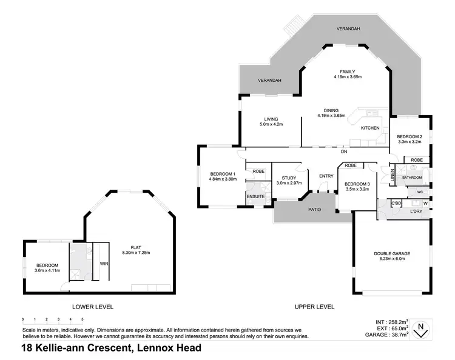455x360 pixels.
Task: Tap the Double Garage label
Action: point(391,255)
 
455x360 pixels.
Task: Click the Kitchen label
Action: point(370,128)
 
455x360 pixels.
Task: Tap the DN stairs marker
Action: point(343,152)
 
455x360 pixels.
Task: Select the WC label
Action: point(419,192)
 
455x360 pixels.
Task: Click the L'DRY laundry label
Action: point(416,211)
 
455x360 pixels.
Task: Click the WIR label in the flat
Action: point(104,263)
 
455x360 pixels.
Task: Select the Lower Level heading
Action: point(93,307)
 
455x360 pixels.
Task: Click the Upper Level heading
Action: point(314,307)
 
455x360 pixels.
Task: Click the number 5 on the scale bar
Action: point(81,318)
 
